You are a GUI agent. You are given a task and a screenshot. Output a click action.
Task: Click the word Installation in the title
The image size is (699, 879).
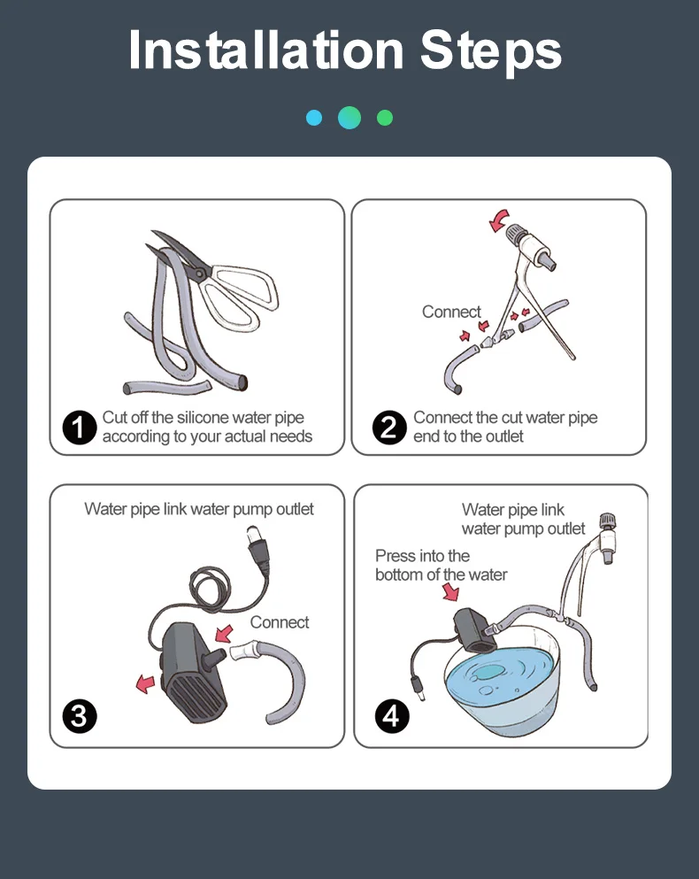click(265, 50)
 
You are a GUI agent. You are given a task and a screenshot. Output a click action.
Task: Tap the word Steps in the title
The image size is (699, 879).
click(490, 53)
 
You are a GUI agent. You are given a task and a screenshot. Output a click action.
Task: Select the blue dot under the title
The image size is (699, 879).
click(314, 118)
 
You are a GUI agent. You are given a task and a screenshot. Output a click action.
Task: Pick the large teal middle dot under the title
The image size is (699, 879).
click(349, 118)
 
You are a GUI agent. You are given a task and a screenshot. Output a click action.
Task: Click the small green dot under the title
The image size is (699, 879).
click(385, 118)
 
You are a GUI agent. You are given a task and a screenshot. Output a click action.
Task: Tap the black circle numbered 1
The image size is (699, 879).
click(80, 428)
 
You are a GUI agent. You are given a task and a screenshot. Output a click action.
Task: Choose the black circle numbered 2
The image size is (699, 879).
click(389, 428)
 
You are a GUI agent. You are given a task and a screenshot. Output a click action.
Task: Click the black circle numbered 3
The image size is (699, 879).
click(80, 716)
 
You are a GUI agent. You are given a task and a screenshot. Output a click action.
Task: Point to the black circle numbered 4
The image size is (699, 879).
click(392, 716)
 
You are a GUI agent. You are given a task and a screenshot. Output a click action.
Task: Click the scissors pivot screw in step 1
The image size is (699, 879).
click(200, 273)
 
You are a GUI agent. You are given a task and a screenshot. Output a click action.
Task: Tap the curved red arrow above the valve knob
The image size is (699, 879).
click(498, 220)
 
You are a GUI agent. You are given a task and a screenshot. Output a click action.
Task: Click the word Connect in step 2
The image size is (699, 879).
click(451, 312)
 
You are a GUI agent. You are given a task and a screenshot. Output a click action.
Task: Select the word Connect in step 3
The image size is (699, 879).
click(279, 622)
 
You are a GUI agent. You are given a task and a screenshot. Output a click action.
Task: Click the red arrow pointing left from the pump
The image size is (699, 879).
click(145, 684)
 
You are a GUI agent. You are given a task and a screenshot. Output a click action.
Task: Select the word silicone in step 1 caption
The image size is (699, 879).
click(203, 418)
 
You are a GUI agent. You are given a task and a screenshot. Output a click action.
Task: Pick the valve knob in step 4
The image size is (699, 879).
click(607, 520)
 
